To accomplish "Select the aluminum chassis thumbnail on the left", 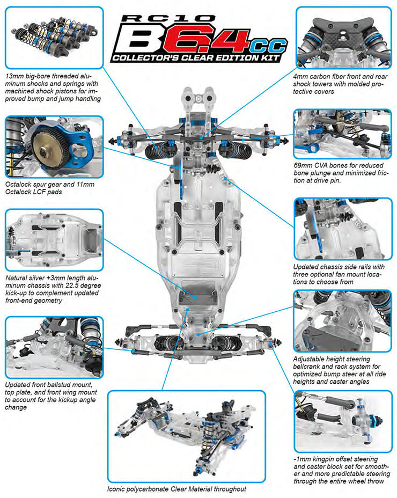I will point(53,239).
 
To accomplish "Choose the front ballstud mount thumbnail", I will point(53,347).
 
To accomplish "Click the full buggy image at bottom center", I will point(186,436).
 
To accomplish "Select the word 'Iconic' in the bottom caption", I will point(117,489).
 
